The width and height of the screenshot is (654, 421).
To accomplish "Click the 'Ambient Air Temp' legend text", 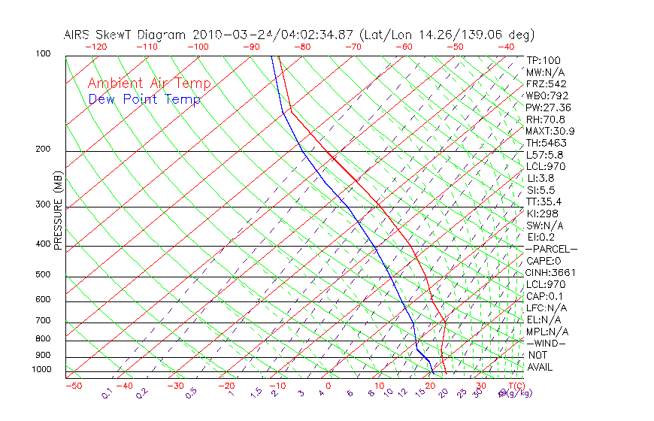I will (149, 83).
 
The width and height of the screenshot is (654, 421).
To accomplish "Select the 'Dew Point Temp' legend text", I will (144, 99).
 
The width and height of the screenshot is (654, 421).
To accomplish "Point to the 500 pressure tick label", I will (42, 274).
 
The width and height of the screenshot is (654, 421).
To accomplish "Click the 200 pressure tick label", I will (42, 149).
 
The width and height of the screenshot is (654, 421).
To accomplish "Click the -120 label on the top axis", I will (95, 47).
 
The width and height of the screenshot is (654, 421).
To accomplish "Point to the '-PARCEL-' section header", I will (551, 249).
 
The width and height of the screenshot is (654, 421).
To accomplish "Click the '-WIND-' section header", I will (547, 343).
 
